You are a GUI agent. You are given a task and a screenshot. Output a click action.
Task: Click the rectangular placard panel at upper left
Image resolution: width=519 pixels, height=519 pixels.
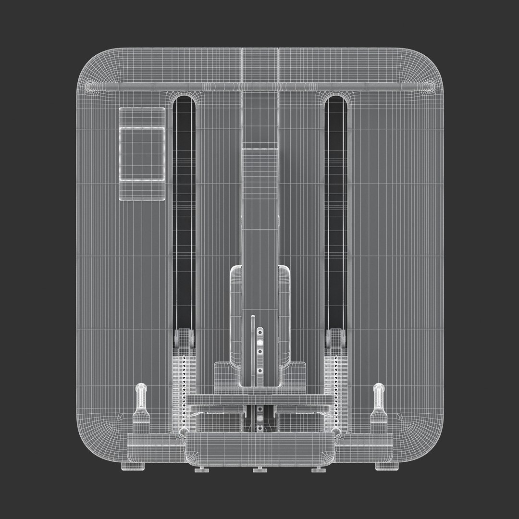(142, 153)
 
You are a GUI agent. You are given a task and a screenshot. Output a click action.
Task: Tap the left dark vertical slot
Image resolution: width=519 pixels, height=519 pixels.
(184, 211)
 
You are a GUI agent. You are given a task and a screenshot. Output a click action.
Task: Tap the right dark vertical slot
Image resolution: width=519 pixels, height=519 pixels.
(335, 211)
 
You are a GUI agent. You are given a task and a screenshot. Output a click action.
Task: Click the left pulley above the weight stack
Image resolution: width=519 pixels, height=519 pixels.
(185, 338)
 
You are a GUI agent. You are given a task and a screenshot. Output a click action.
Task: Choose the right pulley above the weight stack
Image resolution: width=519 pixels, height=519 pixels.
(335, 338)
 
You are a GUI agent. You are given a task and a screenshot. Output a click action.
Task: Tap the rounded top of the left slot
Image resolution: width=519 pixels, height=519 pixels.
(184, 101)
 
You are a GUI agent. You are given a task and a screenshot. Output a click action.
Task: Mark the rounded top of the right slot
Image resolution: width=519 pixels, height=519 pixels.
(335, 101)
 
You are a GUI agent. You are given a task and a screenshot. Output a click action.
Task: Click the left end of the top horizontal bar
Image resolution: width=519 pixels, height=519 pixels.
(91, 87)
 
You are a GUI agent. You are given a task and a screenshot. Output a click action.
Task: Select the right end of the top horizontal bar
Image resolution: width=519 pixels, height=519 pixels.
(429, 87)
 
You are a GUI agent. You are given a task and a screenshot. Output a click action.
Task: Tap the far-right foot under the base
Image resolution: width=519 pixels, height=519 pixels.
(383, 466)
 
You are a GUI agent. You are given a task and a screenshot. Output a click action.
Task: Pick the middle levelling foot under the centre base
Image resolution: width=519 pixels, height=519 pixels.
(259, 469)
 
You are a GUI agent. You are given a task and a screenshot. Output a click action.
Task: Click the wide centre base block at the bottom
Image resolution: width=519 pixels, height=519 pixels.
(259, 449)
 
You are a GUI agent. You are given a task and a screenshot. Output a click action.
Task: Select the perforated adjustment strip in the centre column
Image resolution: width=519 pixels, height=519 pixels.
(260, 356)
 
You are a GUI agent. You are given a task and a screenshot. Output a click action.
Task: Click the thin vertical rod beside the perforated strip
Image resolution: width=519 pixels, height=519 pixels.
(253, 351)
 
